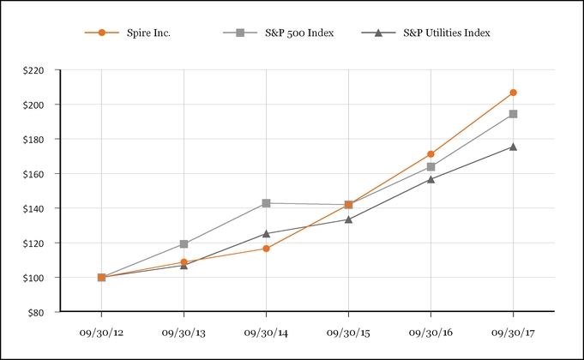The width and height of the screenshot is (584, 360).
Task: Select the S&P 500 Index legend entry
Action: (280, 33)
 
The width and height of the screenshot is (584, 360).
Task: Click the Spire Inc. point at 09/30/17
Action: (513, 93)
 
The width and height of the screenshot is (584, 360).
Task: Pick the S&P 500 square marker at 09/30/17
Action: (513, 114)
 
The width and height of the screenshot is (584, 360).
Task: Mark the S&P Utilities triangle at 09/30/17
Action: (513, 147)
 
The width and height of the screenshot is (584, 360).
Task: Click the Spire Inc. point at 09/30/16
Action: (430, 154)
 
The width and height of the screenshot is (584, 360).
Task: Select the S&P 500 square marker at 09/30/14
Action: (266, 203)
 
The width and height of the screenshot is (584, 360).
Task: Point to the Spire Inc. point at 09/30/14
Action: (266, 249)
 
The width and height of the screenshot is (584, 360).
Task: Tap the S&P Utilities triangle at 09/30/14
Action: (266, 233)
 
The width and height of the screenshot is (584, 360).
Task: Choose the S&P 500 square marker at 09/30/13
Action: (184, 243)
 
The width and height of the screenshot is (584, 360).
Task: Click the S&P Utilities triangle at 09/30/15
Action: (348, 219)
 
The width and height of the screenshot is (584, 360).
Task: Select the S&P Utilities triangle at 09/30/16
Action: (430, 179)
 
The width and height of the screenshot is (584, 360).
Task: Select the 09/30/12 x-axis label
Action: (101, 332)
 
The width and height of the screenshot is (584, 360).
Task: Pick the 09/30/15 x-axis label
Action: (348, 332)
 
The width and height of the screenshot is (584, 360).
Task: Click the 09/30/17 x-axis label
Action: (513, 332)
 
